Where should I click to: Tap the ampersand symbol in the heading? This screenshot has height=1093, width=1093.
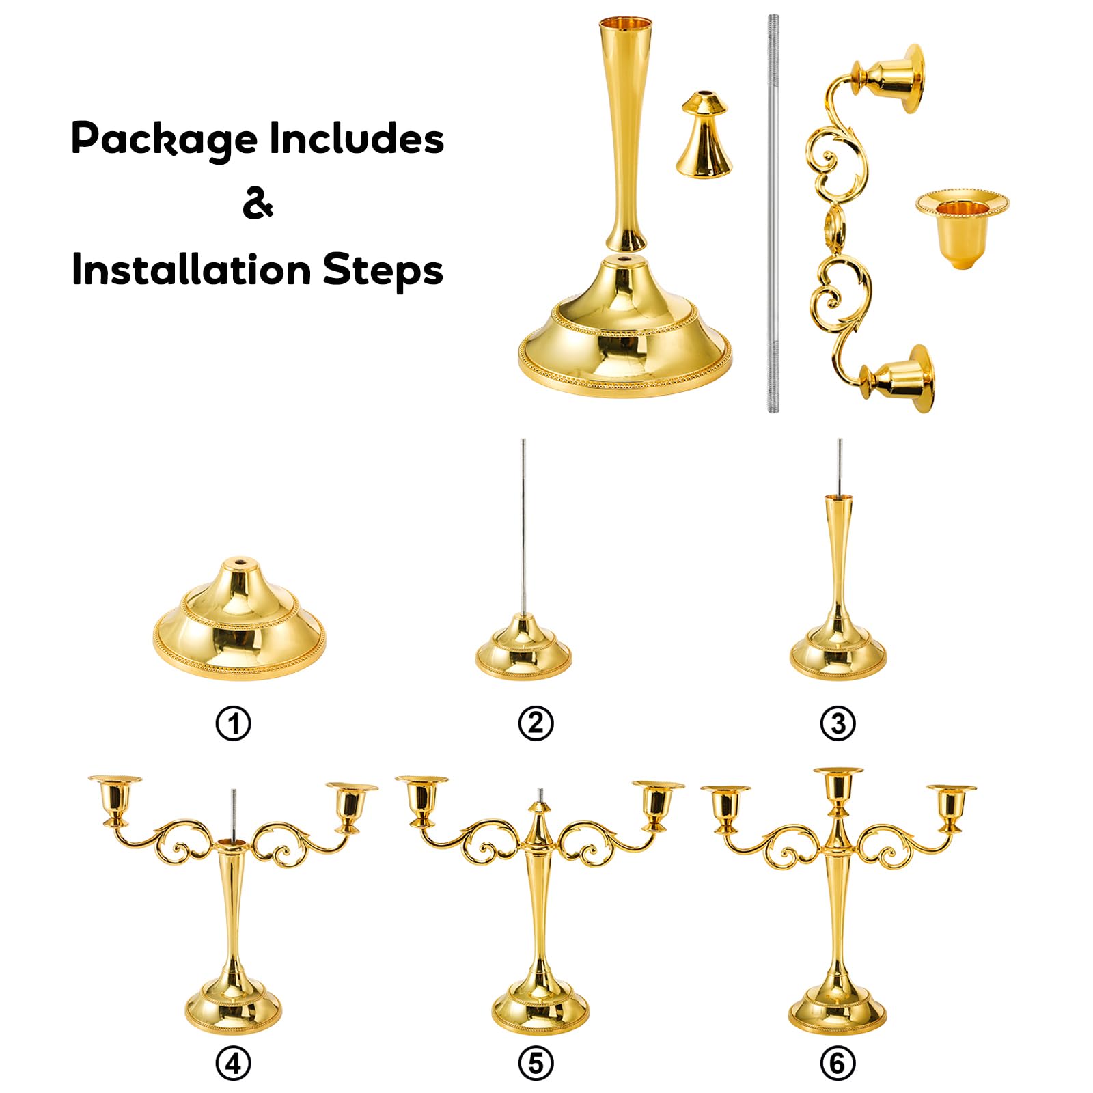pyautogui.click(x=258, y=203)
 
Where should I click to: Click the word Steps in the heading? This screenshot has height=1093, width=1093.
pyautogui.click(x=383, y=270)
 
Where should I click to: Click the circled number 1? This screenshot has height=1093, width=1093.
pyautogui.click(x=234, y=723)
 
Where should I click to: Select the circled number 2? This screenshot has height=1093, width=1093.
pyautogui.click(x=536, y=723)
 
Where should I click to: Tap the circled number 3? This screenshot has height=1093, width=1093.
pyautogui.click(x=838, y=723)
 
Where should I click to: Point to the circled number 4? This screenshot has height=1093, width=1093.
pyautogui.click(x=234, y=1064)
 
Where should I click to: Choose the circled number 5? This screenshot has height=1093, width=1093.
pyautogui.click(x=536, y=1064)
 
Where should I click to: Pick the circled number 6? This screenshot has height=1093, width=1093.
pyautogui.click(x=838, y=1064)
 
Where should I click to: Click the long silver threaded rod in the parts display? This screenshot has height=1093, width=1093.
pyautogui.click(x=773, y=214)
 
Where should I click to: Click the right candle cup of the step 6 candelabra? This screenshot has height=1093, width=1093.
pyautogui.click(x=951, y=807)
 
